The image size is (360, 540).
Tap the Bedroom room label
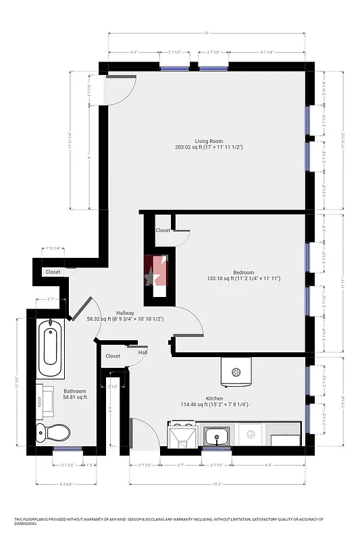(244, 272)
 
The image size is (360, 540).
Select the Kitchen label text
(215, 398)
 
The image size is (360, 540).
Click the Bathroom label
(75, 391)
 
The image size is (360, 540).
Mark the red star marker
(154, 276)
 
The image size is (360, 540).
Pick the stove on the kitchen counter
(181, 435)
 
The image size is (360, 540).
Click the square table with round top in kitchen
(236, 371)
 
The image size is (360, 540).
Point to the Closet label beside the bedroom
(163, 230)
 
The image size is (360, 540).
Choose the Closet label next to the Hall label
(113, 356)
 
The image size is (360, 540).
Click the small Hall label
(143, 352)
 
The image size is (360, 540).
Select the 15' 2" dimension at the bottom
(217, 483)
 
